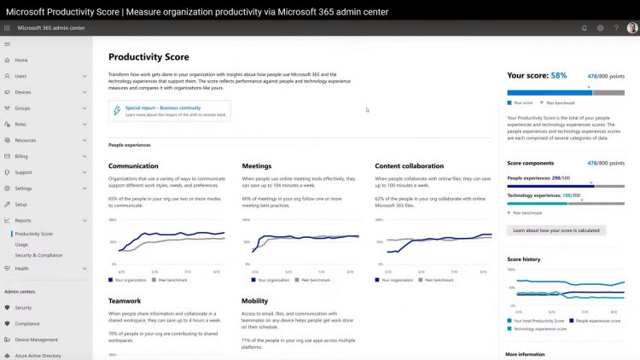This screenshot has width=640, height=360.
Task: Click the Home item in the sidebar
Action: [21, 60]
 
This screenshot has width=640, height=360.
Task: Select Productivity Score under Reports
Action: [33, 233]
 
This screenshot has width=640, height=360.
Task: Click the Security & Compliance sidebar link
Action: [38, 255]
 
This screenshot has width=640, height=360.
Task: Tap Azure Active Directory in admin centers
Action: [38, 355]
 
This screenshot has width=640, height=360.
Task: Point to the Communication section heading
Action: [133, 165]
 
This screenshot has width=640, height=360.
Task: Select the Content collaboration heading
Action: [410, 165]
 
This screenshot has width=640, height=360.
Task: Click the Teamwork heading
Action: [125, 300]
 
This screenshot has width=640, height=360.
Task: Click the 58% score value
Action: [559, 75]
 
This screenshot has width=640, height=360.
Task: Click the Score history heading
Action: [523, 258]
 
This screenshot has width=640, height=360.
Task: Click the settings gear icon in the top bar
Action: [601, 27]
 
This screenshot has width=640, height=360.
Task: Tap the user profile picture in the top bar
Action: [632, 27]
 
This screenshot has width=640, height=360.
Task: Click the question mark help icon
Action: [616, 27]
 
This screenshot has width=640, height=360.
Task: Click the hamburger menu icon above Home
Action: [8, 43]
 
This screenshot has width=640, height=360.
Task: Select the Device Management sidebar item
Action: [36, 339]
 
